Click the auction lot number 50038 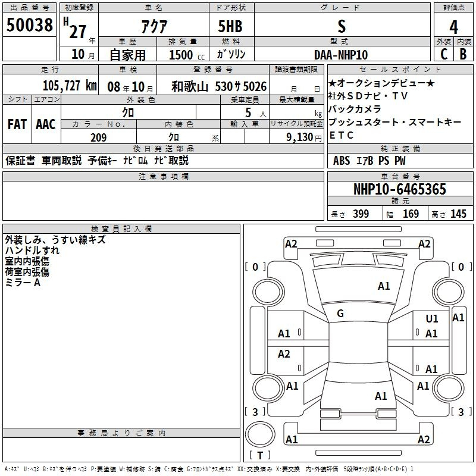pos(30,25)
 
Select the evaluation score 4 pos(454,27)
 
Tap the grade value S pos(341,26)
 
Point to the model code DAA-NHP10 pos(341,54)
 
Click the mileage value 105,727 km pos(70,86)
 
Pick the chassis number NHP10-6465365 pos(399,190)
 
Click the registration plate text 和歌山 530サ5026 pos(218,86)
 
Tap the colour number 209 pos(98,137)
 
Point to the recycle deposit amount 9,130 pos(296,137)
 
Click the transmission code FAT pos(17,124)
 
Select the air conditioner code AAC pos(46,124)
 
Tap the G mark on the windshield pos(340,314)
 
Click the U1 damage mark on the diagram pos(432,320)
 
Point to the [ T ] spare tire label pos(260,456)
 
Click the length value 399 pos(361,214)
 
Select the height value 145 pos(458,214)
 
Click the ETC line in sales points pos(342,135)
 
